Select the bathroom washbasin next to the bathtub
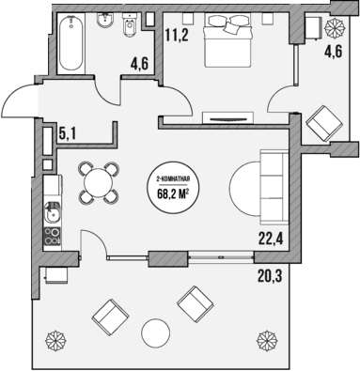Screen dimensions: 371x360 click(x=102, y=23)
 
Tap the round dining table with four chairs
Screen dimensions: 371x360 click(x=98, y=181)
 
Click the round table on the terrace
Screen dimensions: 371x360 click(x=153, y=332)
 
